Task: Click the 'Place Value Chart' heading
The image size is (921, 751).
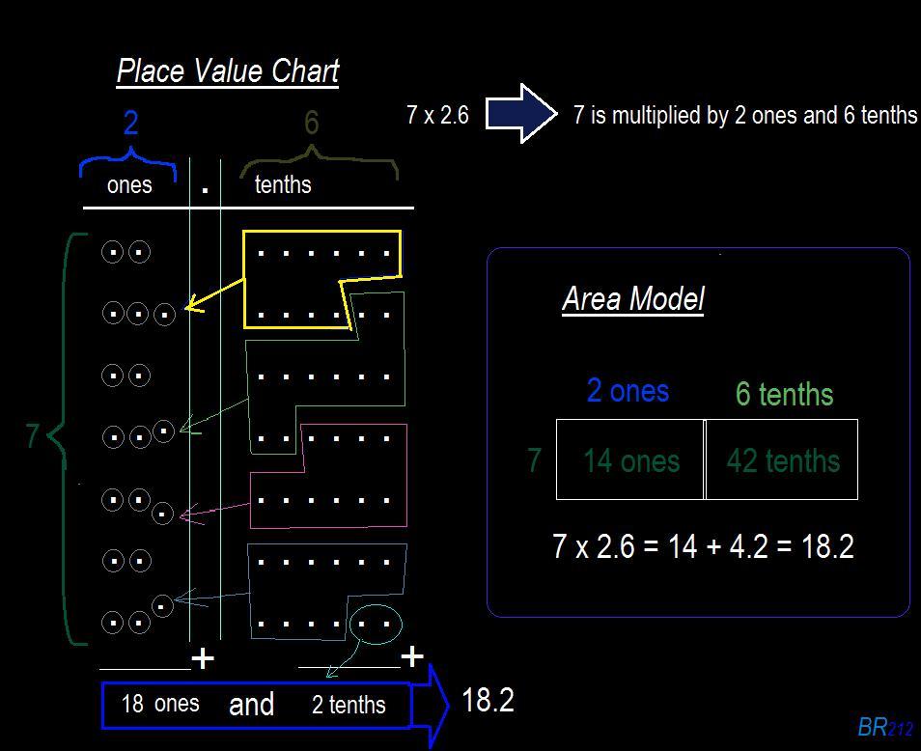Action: click(228, 71)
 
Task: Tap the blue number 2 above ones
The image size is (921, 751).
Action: click(130, 123)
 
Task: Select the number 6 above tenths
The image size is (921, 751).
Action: click(311, 123)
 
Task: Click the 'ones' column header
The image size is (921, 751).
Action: click(129, 185)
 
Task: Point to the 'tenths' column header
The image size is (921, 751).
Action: click(283, 184)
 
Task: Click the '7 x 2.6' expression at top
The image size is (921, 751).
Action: click(437, 116)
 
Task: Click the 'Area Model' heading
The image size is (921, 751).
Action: click(632, 299)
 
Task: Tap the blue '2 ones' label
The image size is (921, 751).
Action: click(628, 390)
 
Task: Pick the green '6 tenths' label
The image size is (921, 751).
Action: click(784, 394)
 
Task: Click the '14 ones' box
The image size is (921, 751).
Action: click(630, 460)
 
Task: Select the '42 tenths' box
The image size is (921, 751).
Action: click(782, 460)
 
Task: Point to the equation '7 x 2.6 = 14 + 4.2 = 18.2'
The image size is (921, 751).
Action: click(703, 547)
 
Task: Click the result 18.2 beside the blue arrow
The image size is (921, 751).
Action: click(488, 700)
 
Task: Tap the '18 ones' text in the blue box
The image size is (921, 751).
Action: click(160, 704)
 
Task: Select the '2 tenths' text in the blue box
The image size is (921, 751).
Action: click(349, 705)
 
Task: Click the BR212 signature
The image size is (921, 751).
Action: click(884, 727)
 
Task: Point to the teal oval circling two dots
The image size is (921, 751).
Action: click(375, 624)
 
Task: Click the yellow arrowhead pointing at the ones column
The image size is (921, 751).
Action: click(191, 307)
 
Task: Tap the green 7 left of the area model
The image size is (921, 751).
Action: click(534, 460)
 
